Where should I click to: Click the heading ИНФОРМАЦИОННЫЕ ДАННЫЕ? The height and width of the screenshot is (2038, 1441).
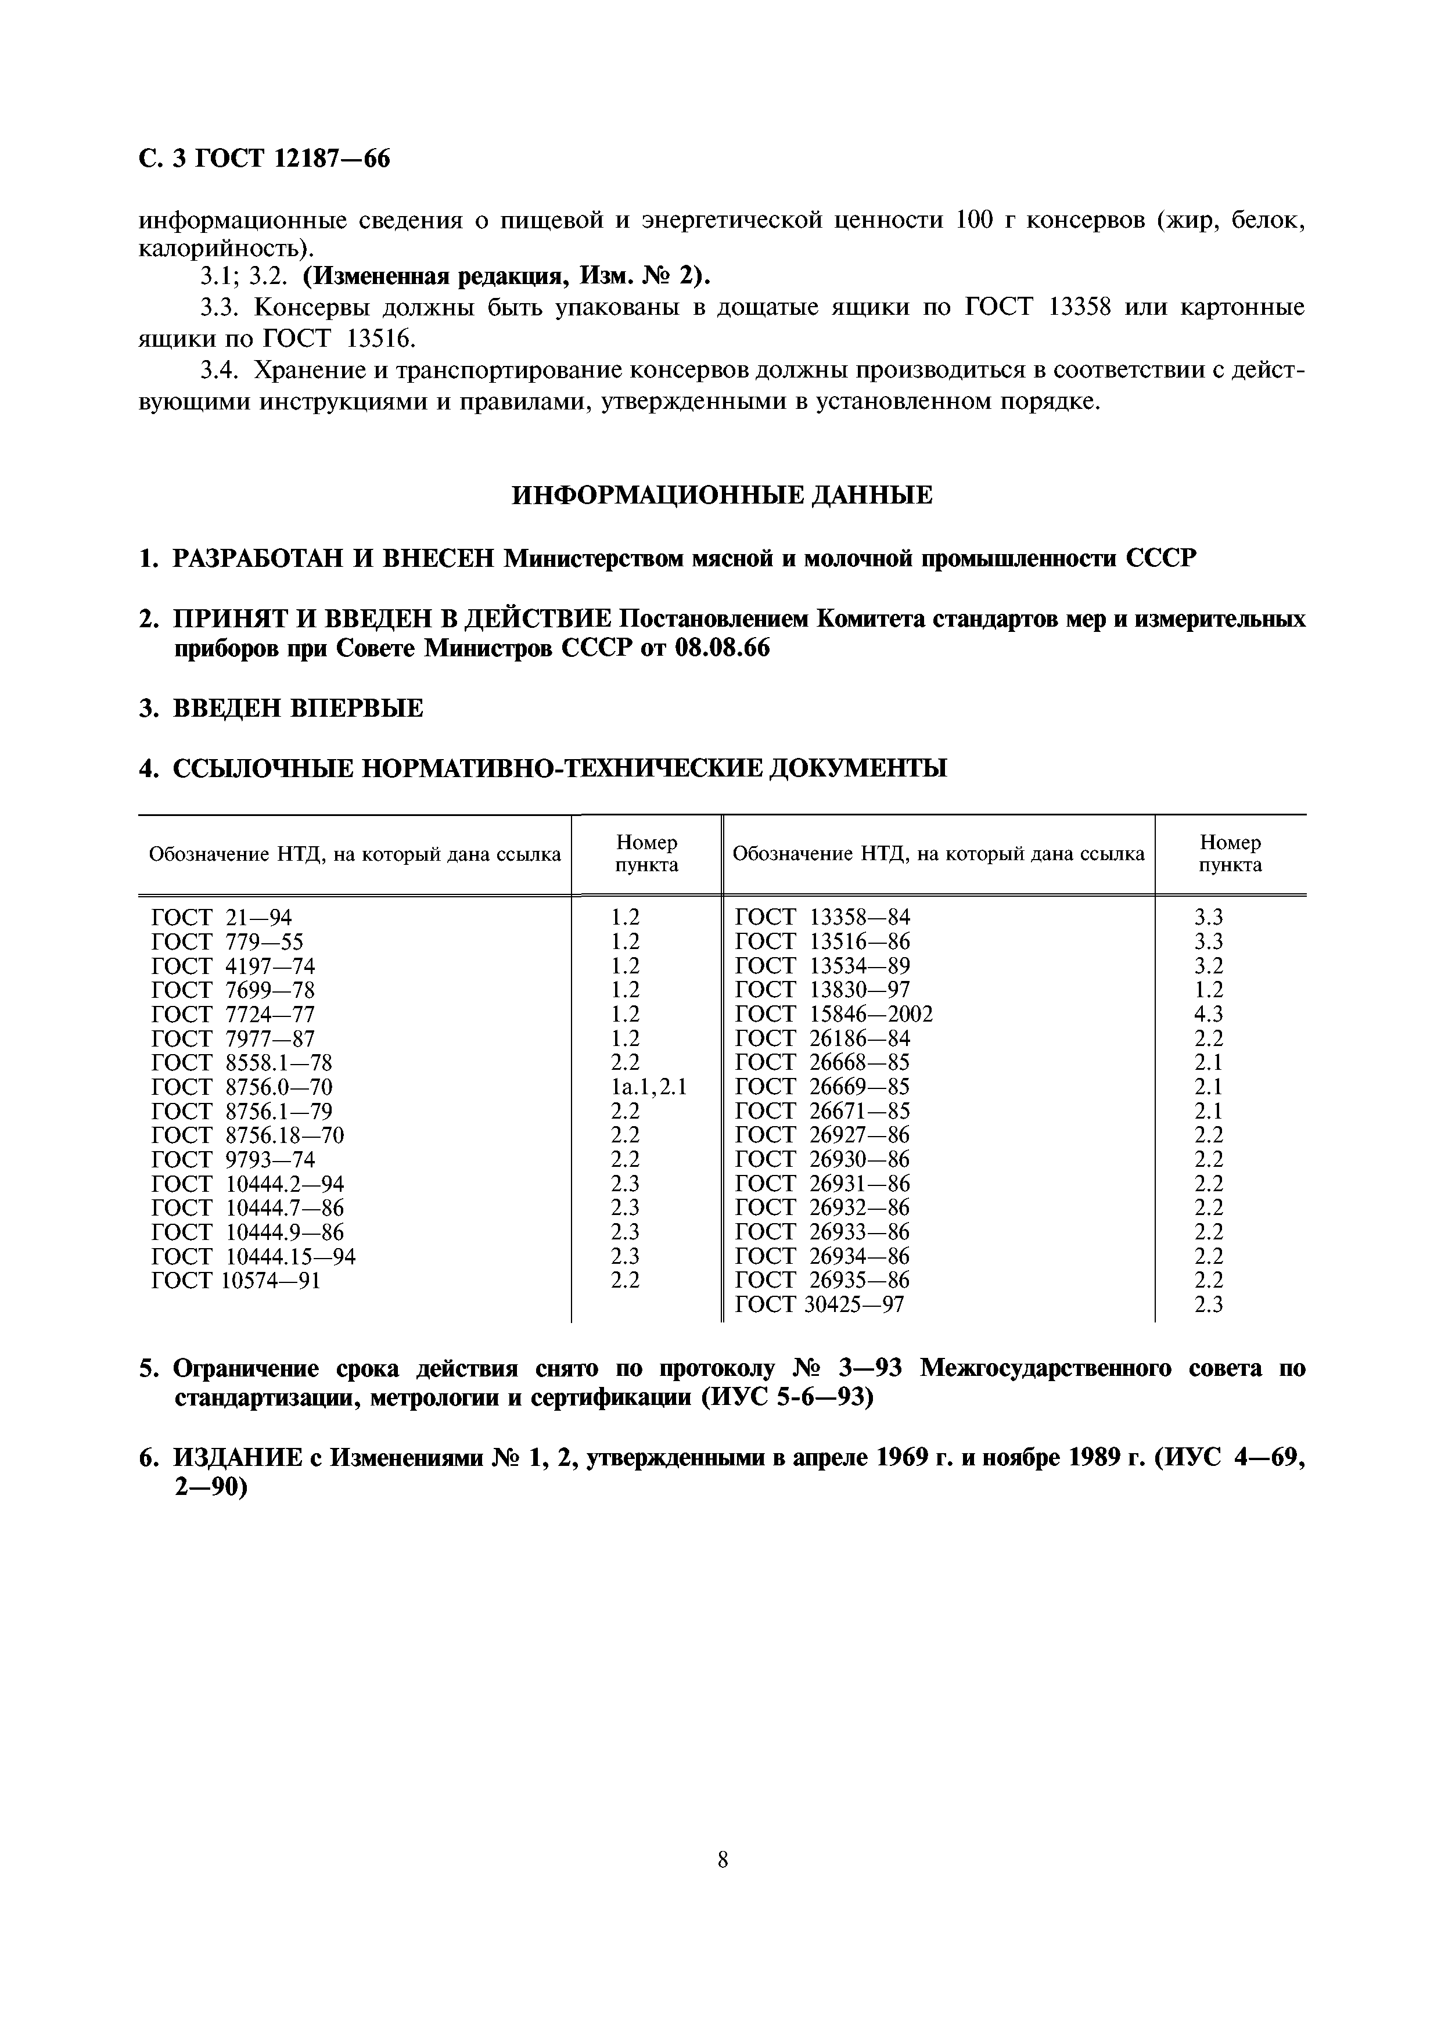coord(722,495)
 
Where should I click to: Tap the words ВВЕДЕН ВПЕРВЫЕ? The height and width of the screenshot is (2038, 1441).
coord(297,709)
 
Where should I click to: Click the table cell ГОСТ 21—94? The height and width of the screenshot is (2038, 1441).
coord(222,918)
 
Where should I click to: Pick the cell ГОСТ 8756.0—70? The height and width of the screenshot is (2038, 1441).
coord(242,1087)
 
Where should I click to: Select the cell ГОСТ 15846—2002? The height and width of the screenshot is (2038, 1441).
coord(835,1015)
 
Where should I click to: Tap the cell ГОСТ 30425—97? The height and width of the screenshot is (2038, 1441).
coord(820,1305)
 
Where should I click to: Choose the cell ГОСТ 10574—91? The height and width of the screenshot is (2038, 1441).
coord(236,1281)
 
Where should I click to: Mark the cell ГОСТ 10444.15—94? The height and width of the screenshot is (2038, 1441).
coord(254,1257)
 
